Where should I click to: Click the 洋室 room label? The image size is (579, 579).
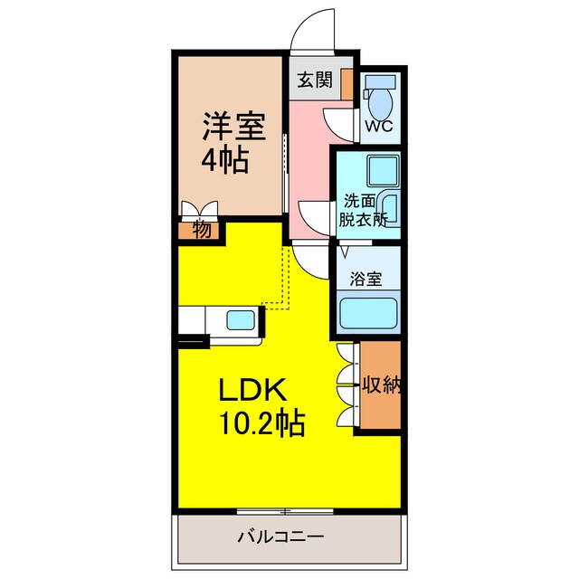pyautogui.click(x=233, y=125)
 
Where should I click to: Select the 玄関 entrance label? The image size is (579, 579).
pyautogui.click(x=313, y=79)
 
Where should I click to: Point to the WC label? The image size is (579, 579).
pyautogui.click(x=377, y=125)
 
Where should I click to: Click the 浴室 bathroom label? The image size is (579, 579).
pyautogui.click(x=367, y=280)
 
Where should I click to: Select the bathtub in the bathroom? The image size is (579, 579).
pyautogui.click(x=369, y=313)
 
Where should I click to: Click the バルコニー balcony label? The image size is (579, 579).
pyautogui.click(x=280, y=536)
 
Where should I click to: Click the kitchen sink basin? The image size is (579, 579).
pyautogui.click(x=241, y=320)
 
